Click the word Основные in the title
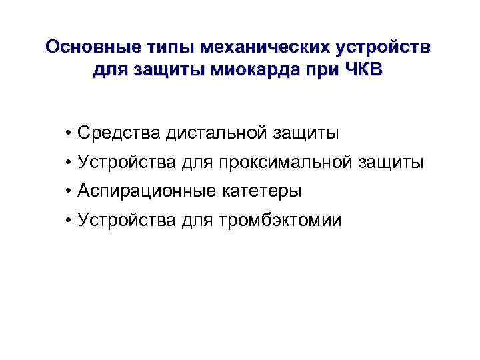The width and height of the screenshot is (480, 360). coord(88,48)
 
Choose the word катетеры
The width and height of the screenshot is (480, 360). coord(261,191)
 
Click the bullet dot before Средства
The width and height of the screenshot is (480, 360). coord(69,133)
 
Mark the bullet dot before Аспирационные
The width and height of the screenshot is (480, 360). coord(69,191)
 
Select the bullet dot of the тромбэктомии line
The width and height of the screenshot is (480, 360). coord(69,220)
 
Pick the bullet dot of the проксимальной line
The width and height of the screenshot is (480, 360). coord(69,163)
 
